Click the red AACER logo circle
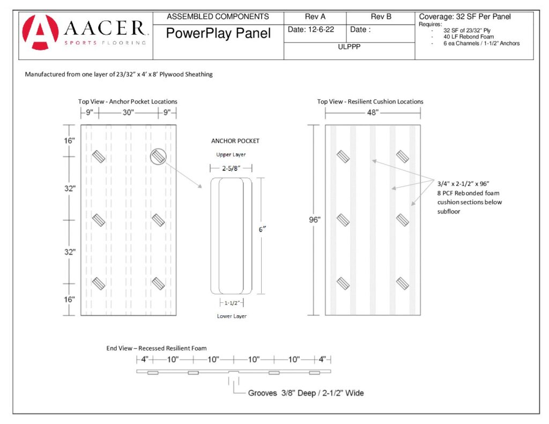(40, 32)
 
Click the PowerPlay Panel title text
(218, 33)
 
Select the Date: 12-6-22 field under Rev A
(311, 29)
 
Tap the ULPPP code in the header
(349, 47)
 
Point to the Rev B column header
(381, 17)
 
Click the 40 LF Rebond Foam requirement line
(469, 37)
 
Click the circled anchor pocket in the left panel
(158, 157)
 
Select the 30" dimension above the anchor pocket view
(128, 113)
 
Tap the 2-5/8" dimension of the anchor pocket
(231, 168)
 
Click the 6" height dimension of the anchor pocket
(262, 229)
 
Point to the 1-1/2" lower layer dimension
(232, 303)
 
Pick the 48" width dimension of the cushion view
(373, 113)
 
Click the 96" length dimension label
(314, 220)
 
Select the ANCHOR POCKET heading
(235, 141)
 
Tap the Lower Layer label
(232, 316)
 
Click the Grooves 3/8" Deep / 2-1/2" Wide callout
(306, 393)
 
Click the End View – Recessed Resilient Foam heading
(157, 348)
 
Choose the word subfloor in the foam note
(449, 212)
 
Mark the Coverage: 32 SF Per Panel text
(465, 17)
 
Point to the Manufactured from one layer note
(118, 74)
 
